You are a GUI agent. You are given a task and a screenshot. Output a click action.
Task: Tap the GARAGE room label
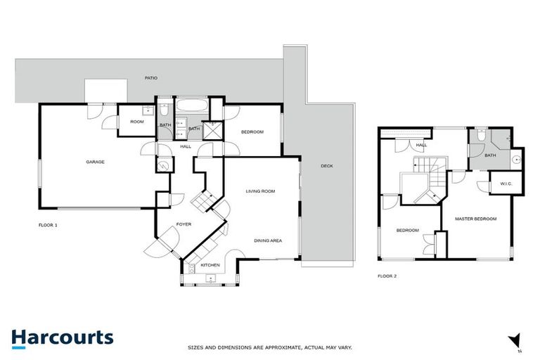click(x=96, y=162)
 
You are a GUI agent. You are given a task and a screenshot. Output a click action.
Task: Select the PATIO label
click(x=150, y=78)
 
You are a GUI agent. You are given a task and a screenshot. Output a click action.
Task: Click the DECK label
click(x=326, y=166)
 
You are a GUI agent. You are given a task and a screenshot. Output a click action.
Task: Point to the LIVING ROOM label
click(x=259, y=191)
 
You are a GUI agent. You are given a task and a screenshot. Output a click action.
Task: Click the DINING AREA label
click(x=268, y=240)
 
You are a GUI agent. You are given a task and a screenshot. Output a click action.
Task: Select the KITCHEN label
click(x=210, y=265)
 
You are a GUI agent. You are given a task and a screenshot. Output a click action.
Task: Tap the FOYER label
click(x=184, y=224)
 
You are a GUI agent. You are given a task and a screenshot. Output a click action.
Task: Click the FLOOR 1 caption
click(x=48, y=225)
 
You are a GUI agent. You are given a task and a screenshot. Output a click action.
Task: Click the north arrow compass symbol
click(x=515, y=340)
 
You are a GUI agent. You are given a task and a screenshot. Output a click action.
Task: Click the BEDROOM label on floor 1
click(x=252, y=132)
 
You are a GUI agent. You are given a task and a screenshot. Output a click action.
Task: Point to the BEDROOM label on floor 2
click(x=407, y=231)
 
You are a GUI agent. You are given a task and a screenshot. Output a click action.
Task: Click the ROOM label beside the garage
click(x=136, y=122)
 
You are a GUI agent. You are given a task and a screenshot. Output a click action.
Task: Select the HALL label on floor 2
click(x=421, y=146)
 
